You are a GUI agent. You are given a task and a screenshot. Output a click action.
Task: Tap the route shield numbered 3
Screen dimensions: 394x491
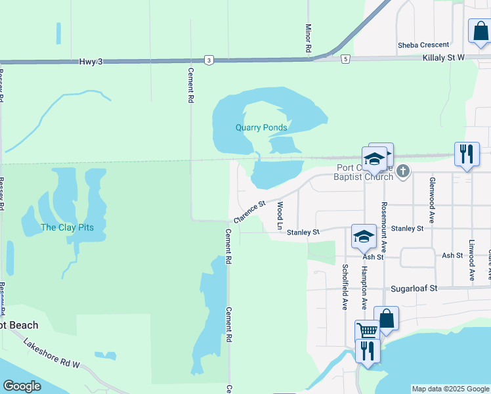[x=208, y=60]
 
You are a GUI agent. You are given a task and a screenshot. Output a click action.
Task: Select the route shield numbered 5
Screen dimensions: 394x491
[x=345, y=59]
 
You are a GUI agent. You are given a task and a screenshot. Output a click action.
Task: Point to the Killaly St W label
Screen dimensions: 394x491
[x=442, y=58]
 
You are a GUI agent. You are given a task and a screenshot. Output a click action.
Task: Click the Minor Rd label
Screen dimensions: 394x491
[x=308, y=38]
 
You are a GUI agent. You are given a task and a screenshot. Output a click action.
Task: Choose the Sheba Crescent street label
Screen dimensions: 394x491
[x=423, y=45]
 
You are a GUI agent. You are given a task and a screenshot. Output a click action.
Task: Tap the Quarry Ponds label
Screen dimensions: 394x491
[x=262, y=128]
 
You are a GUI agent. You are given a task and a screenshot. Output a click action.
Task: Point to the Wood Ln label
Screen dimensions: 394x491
[x=280, y=215]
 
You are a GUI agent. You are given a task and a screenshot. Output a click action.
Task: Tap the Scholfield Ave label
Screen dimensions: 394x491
[x=345, y=287]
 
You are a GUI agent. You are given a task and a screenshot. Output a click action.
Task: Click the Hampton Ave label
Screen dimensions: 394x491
[x=364, y=287]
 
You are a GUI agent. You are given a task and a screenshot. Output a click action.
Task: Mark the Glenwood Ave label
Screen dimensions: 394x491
[x=432, y=200]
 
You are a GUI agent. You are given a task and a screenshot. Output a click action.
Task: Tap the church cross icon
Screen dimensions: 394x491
[x=403, y=172]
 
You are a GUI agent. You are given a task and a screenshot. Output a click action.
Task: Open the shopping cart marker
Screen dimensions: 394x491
[x=367, y=330]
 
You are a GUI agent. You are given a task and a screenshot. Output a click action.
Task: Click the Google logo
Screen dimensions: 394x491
[x=22, y=386]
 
